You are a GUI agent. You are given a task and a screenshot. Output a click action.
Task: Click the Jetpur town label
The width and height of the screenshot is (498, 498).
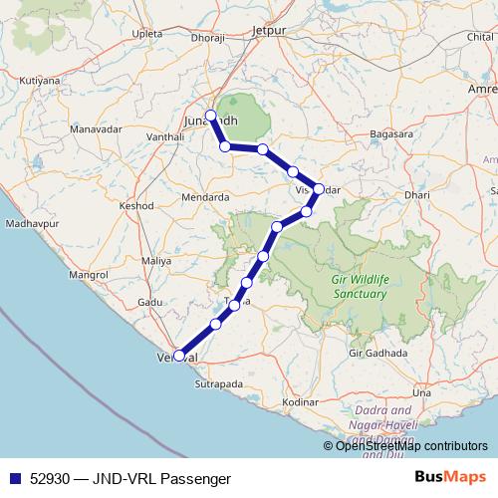pos(269,31)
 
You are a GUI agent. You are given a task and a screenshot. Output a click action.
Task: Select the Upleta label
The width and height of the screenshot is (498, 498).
pos(145,33)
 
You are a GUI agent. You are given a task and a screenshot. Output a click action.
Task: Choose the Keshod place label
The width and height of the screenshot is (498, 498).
pos(135,205)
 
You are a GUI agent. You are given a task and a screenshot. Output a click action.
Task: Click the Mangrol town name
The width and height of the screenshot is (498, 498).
pos(88,273)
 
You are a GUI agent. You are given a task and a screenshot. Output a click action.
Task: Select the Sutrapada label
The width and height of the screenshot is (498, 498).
pos(219,381)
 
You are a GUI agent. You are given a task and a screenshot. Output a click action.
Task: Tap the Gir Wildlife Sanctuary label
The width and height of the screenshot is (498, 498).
pos(359,287)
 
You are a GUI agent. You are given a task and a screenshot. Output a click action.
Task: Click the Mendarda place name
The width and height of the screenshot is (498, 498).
pos(205,197)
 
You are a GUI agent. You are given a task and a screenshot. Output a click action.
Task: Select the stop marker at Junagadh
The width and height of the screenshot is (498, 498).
pos(210,115)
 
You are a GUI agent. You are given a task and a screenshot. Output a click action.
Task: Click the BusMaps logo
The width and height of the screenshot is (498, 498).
pos(449,478)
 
